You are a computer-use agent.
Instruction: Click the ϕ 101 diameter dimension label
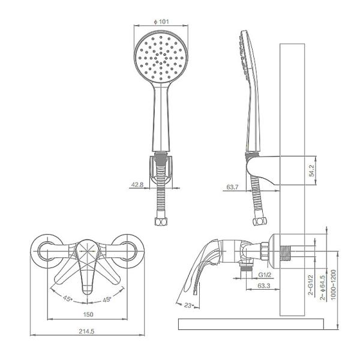pyautogui.click(x=161, y=22)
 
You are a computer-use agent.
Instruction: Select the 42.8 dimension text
pyautogui.click(x=137, y=185)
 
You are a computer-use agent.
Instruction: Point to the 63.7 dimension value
pyautogui.click(x=232, y=187)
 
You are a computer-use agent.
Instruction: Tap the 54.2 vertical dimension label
pyautogui.click(x=312, y=170)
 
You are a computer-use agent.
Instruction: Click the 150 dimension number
pyautogui.click(x=88, y=314)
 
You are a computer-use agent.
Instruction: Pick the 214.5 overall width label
pyautogui.click(x=86, y=331)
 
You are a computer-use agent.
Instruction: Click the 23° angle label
pyautogui.click(x=189, y=305)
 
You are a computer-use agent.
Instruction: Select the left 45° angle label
pyautogui.click(x=68, y=298)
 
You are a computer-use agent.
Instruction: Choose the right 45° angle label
pyautogui.click(x=107, y=299)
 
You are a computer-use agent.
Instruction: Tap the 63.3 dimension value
pyautogui.click(x=264, y=286)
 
